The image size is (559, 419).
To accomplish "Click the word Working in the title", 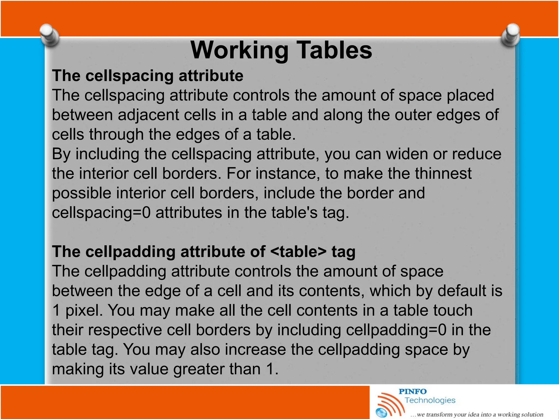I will click(239, 50).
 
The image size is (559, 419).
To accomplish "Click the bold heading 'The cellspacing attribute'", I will click(147, 76).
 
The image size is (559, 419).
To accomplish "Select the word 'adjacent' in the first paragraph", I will click(148, 115).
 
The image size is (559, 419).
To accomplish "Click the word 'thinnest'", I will click(443, 173).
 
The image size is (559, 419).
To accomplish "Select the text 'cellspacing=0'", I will click(101, 213).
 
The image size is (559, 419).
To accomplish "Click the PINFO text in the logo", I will click(412, 392).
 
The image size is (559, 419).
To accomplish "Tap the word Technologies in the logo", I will click(430, 400).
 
